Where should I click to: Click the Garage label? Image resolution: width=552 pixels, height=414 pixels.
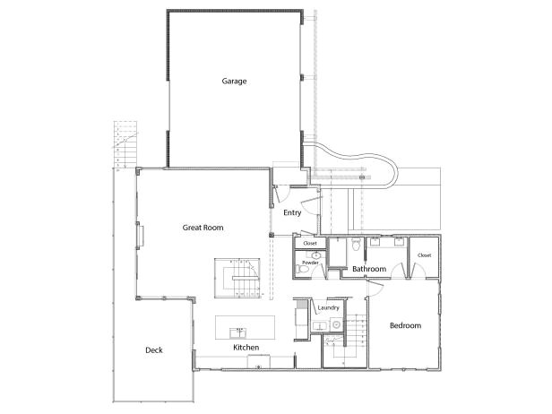(x=235, y=82)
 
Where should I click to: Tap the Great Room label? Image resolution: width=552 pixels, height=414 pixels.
(x=203, y=228)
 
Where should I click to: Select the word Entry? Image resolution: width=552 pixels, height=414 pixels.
(x=292, y=213)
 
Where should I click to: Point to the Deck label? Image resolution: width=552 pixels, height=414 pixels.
(x=154, y=350)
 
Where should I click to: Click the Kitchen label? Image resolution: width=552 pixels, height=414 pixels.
(x=246, y=347)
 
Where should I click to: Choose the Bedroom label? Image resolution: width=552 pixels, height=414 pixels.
(x=405, y=325)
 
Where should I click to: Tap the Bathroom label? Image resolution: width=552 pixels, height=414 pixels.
(x=368, y=269)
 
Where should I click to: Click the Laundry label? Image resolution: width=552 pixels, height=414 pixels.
(x=328, y=308)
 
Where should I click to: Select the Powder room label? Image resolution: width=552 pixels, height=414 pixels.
(x=310, y=263)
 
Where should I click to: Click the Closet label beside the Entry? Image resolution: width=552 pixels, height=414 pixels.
(x=310, y=243)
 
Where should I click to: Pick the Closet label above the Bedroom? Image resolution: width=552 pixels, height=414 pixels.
(x=424, y=255)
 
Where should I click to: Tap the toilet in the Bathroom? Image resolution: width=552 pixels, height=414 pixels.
(x=356, y=244)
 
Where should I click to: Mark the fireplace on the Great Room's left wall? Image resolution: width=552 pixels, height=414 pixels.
(x=140, y=235)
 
